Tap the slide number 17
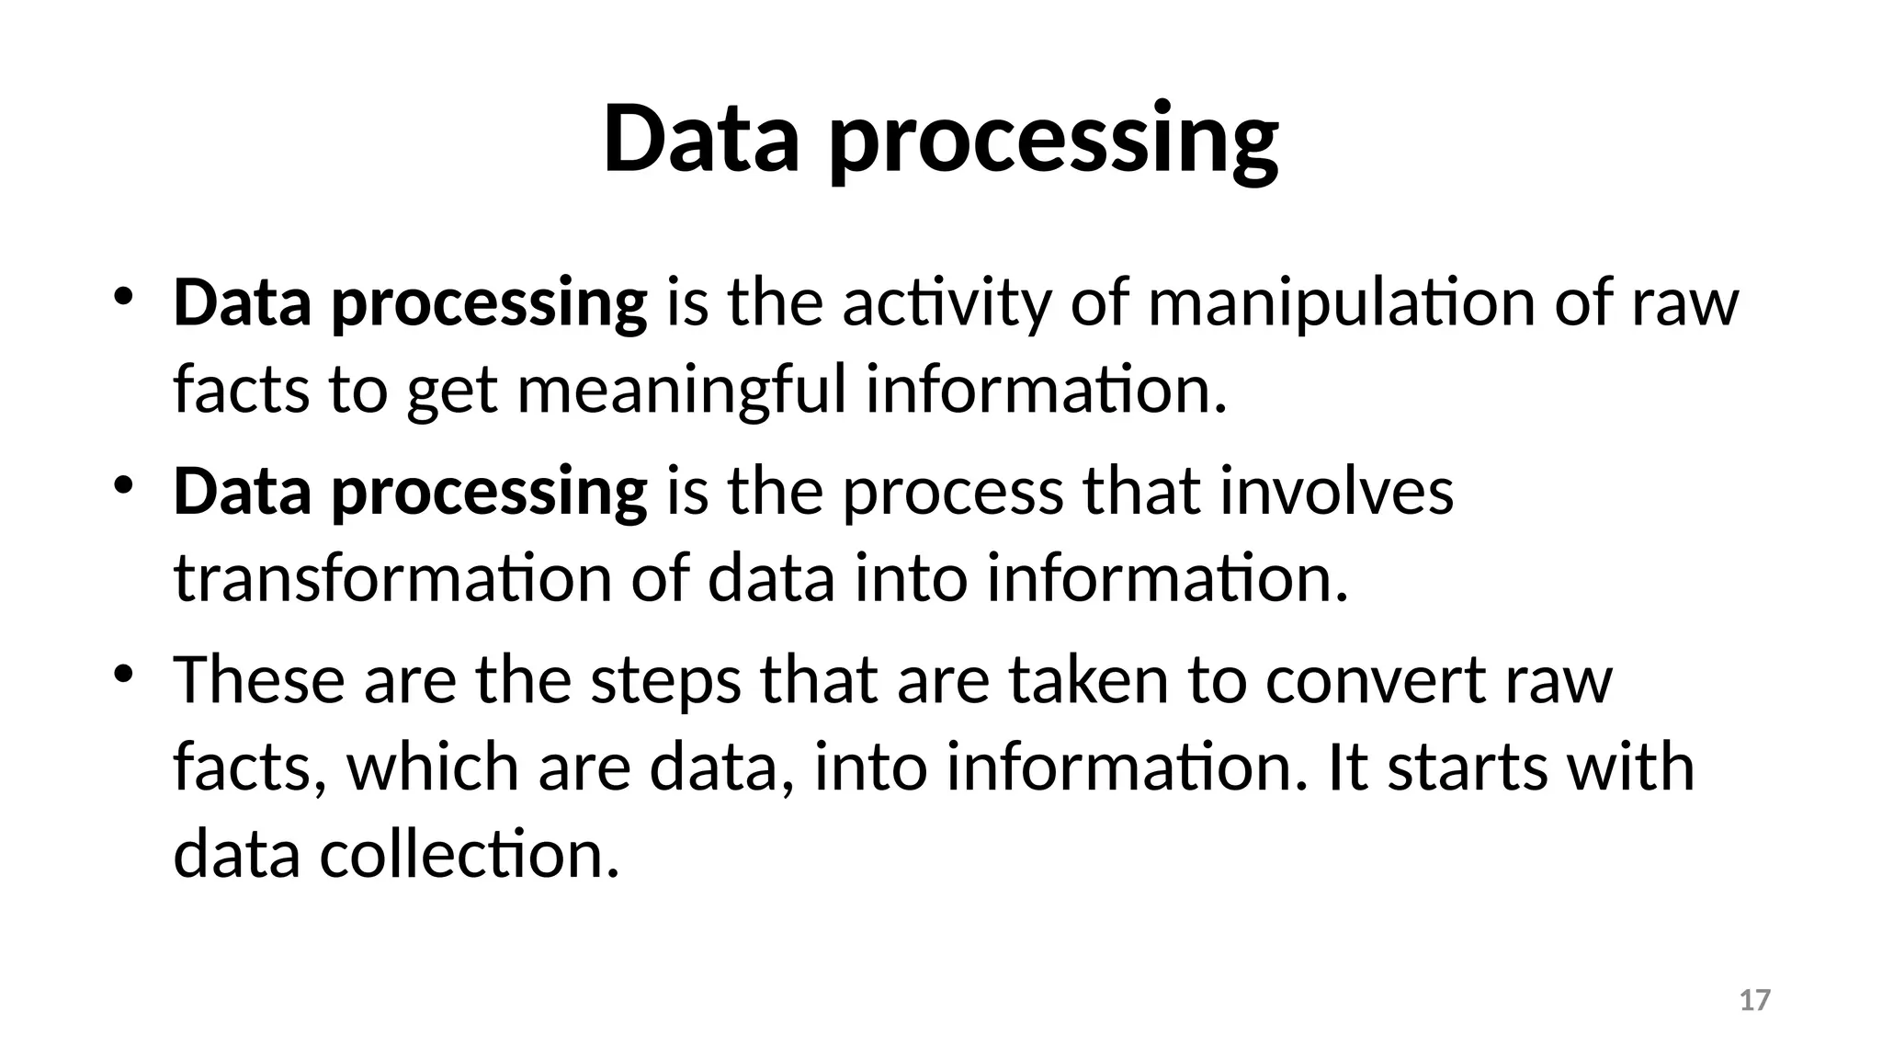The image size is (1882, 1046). pos(1755,1000)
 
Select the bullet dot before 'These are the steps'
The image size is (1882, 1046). pos(124,674)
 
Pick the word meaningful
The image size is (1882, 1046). pos(681,391)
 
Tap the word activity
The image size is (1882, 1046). pos(947,303)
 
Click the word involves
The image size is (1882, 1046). pos(1337,491)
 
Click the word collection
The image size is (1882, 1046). pos(470,854)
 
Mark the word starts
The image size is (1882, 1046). pos(1467,767)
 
